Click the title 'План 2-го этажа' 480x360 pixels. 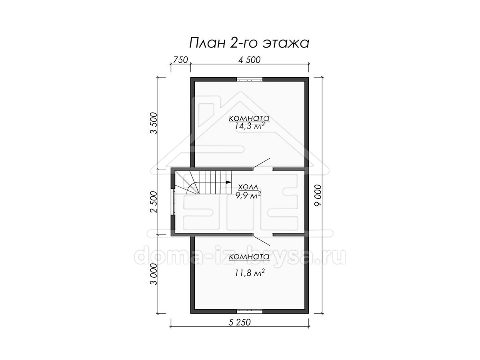coord(249,43)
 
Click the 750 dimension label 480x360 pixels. coord(180,60)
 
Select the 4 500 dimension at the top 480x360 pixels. coord(250,60)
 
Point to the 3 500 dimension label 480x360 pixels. coord(154,123)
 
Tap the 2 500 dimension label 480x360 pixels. coord(154,202)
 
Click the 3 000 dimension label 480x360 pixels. coord(154,274)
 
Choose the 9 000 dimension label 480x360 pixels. coord(318,195)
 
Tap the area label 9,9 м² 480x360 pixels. coord(248,195)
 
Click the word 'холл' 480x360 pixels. coord(248,187)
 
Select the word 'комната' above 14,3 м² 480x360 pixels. coord(249,118)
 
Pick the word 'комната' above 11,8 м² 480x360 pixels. coord(249,257)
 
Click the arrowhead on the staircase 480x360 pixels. coord(228,182)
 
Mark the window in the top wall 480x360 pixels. coord(250,79)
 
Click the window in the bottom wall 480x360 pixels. coord(250,311)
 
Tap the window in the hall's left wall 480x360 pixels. coord(173,202)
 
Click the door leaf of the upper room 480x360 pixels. coord(261,163)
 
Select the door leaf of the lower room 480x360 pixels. coord(261,240)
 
